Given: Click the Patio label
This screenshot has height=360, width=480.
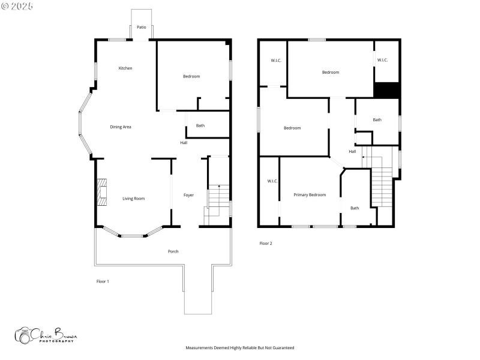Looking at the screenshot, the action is (x=142, y=27).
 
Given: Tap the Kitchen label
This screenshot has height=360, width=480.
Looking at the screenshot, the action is (x=125, y=68).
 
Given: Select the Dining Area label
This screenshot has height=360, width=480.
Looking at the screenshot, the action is (x=121, y=127).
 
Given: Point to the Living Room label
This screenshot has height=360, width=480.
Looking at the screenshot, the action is (x=133, y=199).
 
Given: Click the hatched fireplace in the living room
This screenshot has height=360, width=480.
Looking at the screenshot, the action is (x=102, y=192).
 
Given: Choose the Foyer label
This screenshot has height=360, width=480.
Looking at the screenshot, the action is (x=188, y=195).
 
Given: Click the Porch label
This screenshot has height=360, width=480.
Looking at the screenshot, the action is (x=173, y=251).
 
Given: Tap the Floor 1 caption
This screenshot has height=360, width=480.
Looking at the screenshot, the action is (x=103, y=281).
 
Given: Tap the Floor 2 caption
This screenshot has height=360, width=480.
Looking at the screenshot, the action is (x=266, y=244).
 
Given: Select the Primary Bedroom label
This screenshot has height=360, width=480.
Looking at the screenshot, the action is (x=310, y=194).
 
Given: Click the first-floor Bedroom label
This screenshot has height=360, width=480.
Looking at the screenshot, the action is (x=191, y=76).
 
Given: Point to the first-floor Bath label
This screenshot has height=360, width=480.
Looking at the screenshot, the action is (x=200, y=125).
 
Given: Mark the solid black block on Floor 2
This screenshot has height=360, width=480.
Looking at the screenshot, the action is (x=386, y=90).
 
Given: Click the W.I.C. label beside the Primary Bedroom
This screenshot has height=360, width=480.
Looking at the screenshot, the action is (x=272, y=181).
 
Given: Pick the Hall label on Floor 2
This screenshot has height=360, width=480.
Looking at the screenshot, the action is (x=352, y=152).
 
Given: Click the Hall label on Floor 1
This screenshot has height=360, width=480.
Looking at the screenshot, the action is (x=184, y=143).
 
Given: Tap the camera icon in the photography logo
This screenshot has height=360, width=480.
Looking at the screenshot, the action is (x=23, y=335).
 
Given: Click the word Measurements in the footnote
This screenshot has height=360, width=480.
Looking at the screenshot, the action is (x=199, y=348).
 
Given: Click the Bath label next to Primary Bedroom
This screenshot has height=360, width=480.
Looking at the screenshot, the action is (x=355, y=208).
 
